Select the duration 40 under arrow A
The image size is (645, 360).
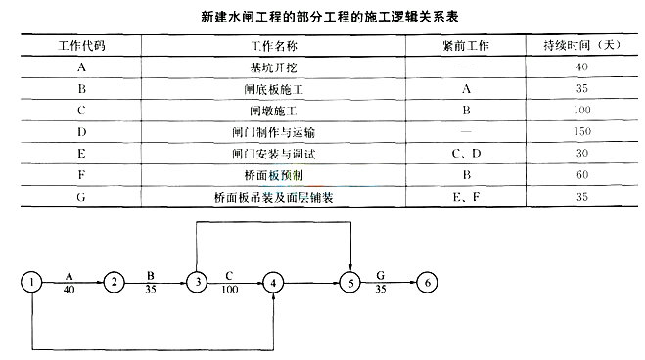tap(69, 292)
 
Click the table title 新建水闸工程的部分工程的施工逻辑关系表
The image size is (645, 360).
tap(322, 16)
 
